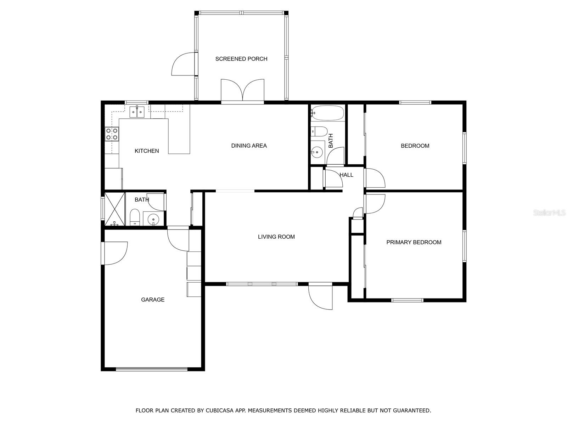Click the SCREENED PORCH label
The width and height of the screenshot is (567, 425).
241,59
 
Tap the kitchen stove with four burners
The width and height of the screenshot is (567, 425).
112,134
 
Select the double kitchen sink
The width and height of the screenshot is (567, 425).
137,112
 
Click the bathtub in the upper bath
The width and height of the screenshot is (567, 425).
327,113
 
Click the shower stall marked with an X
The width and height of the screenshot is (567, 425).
115,209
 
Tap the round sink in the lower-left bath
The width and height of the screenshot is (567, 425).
153,219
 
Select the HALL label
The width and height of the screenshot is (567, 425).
346,175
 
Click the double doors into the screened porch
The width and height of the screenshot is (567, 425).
243,91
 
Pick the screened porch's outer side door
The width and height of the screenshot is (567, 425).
184,64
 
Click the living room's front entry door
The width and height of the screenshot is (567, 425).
321,296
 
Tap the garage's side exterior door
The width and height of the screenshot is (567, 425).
114,253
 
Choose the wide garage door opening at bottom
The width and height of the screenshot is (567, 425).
152,369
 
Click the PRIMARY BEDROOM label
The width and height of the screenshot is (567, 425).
414,242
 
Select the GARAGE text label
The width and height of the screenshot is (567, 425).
153,300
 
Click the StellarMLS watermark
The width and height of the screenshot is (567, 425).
550,213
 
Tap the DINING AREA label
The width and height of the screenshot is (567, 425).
249,146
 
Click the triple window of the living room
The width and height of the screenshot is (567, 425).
262,284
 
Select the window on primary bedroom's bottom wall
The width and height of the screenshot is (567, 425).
407,300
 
